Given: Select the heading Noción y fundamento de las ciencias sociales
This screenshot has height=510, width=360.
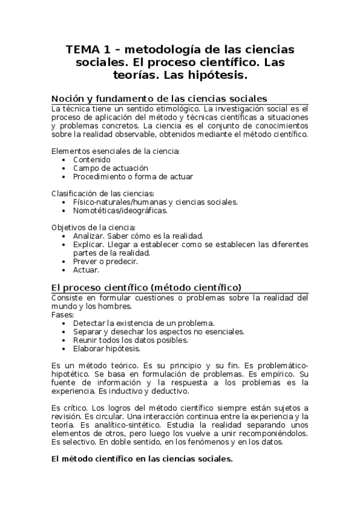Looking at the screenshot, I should [x=159, y=99].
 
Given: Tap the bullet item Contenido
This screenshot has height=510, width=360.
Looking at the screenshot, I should [x=91, y=160].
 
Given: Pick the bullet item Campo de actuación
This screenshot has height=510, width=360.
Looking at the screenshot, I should [x=110, y=168].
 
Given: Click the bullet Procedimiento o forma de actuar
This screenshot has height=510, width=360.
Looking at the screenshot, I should [x=133, y=177].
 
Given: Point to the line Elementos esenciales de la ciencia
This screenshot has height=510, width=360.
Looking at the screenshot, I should [x=116, y=151].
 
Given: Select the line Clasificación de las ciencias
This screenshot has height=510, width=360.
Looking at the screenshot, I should [x=103, y=194].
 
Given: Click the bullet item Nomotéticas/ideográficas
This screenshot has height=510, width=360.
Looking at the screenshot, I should [x=120, y=210].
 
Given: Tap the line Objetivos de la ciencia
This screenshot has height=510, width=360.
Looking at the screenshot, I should [x=93, y=227].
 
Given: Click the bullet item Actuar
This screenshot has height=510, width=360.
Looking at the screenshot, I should [x=86, y=270].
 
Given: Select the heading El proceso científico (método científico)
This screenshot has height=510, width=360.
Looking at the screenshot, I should [x=147, y=287].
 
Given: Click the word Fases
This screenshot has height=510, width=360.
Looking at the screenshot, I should [x=63, y=315].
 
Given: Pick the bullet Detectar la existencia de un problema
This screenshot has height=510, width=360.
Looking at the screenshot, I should [x=144, y=323].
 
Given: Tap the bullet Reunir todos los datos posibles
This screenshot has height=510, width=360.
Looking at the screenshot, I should [x=129, y=340].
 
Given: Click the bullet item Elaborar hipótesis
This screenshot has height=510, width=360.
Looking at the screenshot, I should [x=106, y=348].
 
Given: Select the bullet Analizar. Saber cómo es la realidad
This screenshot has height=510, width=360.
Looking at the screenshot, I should [x=138, y=236].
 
